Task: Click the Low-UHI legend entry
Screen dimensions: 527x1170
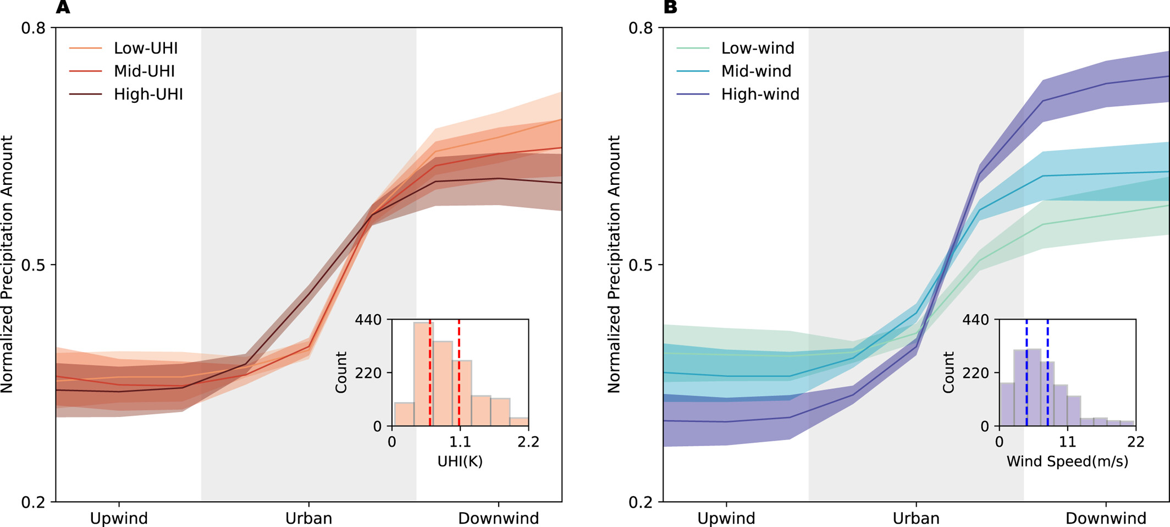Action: tap(146, 48)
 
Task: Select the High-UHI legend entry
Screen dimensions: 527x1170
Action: tap(148, 95)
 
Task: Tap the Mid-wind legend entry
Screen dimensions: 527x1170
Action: tap(756, 72)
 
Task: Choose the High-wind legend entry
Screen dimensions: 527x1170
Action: tap(760, 95)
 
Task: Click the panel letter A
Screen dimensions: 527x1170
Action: tap(63, 8)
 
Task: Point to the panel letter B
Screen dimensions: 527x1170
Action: tap(670, 8)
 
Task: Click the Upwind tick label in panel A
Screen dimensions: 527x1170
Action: tap(119, 518)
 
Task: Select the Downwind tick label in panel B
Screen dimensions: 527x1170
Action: tap(1106, 518)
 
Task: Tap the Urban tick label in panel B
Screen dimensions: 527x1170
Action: tap(916, 518)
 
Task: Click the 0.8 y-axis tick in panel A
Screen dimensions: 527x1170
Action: tap(33, 28)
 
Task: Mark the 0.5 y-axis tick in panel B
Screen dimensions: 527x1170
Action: tap(641, 265)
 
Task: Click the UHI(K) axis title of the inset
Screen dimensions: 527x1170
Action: tap(460, 462)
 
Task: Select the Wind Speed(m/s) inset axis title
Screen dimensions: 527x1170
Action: tap(1067, 462)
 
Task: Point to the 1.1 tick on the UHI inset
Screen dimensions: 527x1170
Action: tap(460, 442)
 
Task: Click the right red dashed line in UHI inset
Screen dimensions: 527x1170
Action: tap(459, 374)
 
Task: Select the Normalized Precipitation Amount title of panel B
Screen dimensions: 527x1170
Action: tap(614, 264)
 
